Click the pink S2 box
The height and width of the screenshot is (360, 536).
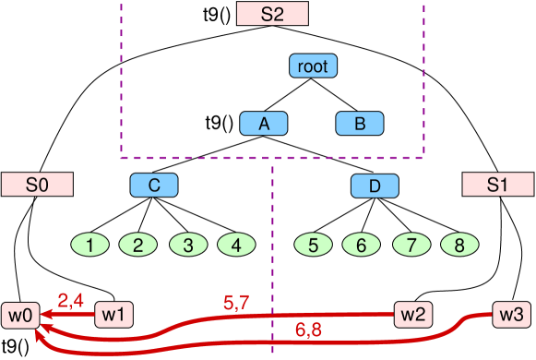272,14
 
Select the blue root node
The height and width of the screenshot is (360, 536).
313,66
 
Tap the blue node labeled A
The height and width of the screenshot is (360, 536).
264,124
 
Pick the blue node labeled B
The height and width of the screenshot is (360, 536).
360,124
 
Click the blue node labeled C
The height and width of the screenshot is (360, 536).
154,186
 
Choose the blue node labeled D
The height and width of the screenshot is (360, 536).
375,186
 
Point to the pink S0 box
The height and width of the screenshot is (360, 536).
37,184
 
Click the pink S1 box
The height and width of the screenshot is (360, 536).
497,184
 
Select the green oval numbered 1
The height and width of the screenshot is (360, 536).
89,246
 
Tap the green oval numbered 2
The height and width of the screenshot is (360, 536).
137,246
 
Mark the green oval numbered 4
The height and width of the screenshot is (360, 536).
236,246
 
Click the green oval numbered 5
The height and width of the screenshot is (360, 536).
313,246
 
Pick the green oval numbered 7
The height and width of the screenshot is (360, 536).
411,246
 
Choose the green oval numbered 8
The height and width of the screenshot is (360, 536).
459,246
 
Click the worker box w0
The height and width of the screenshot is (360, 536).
20,316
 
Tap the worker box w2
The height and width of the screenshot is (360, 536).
412,315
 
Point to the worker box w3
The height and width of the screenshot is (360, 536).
511,314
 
